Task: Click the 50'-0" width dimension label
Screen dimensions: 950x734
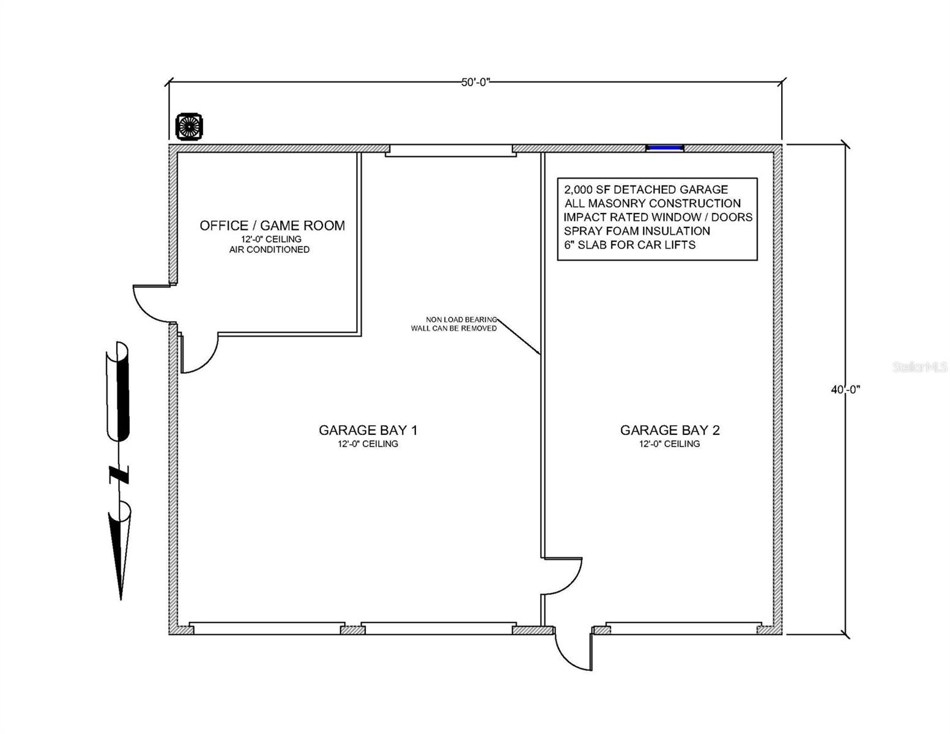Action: [475, 82]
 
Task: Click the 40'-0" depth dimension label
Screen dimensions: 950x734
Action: [845, 389]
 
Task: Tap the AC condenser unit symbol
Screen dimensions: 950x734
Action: [189, 127]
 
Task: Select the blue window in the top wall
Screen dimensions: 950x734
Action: [664, 148]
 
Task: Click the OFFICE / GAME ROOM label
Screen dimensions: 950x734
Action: [272, 226]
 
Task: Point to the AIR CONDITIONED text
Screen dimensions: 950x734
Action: [269, 250]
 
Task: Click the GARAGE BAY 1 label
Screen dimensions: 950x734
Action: [368, 430]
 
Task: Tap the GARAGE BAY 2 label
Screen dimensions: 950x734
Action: [670, 430]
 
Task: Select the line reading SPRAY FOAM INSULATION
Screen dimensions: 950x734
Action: [637, 231]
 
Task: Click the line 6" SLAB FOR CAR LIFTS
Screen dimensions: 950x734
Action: [629, 245]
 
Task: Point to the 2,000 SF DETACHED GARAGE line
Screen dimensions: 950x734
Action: [646, 190]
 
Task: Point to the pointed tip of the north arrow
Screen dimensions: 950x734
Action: [121, 599]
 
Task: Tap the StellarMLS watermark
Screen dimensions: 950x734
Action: [919, 366]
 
